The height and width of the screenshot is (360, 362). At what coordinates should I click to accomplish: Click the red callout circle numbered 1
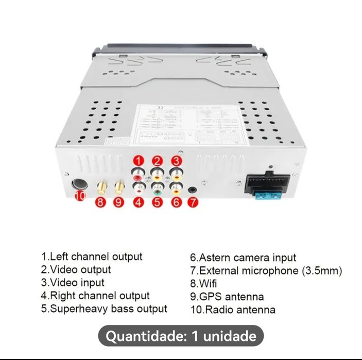click(138, 161)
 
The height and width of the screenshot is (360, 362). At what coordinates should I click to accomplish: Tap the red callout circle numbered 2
click(157, 161)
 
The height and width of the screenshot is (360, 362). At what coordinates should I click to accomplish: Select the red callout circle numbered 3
click(176, 161)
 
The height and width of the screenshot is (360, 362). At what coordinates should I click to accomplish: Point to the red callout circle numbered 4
click(138, 202)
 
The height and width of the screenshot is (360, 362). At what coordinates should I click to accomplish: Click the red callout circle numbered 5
click(157, 202)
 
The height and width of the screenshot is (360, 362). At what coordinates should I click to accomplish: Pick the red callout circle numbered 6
click(176, 202)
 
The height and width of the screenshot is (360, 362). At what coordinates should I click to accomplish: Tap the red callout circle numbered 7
click(192, 202)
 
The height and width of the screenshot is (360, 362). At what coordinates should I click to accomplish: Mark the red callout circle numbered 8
click(101, 202)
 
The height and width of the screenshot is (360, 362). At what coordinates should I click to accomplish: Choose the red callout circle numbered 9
click(119, 202)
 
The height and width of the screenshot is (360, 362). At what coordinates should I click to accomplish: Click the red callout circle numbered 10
click(79, 196)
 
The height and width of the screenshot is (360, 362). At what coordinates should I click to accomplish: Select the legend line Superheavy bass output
click(105, 309)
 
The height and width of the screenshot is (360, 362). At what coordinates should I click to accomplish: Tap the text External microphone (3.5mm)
click(266, 270)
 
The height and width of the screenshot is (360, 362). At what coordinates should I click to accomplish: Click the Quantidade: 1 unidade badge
click(181, 337)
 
